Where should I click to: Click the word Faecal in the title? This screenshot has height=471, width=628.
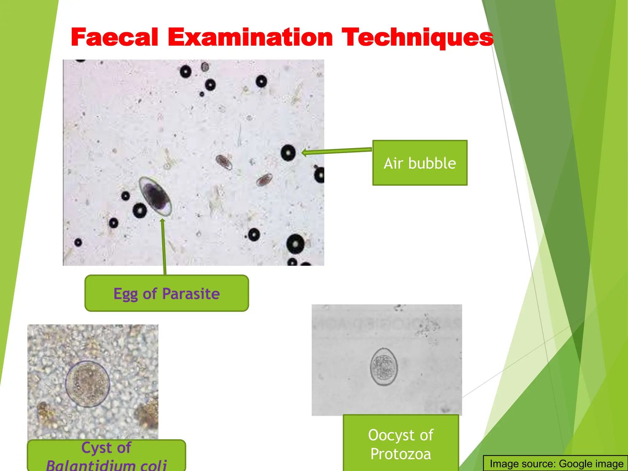tap(114, 37)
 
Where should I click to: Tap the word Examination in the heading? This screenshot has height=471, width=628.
tap(250, 37)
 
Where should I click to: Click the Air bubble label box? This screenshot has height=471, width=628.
tap(420, 163)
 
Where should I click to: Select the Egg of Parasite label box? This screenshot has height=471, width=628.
tap(167, 293)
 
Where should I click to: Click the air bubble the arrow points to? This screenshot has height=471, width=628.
tap(288, 152)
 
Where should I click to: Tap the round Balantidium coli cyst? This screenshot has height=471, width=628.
tap(88, 384)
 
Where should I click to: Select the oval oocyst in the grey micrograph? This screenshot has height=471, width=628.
tap(384, 367)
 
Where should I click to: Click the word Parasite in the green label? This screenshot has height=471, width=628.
tap(191, 293)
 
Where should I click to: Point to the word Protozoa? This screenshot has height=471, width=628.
tap(401, 454)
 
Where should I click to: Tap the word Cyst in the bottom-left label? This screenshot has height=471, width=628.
tap(94, 448)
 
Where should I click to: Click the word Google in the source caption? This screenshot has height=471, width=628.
tap(572, 464)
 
